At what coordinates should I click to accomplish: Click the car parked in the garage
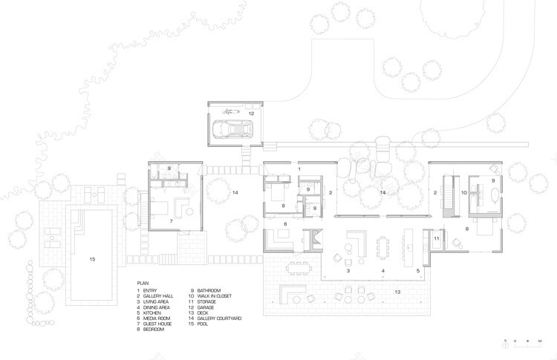[x=230, y=129]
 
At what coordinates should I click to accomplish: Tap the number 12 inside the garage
[x=251, y=114]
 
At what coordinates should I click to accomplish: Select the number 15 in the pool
[x=93, y=259]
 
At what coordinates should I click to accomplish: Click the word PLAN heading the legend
[x=143, y=283]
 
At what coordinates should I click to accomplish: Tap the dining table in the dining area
[x=382, y=245]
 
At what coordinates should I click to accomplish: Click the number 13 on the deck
[x=398, y=293]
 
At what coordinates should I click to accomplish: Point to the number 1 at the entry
[x=299, y=169]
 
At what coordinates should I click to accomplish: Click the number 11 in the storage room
[x=437, y=238]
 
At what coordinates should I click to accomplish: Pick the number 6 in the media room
[x=284, y=223]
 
